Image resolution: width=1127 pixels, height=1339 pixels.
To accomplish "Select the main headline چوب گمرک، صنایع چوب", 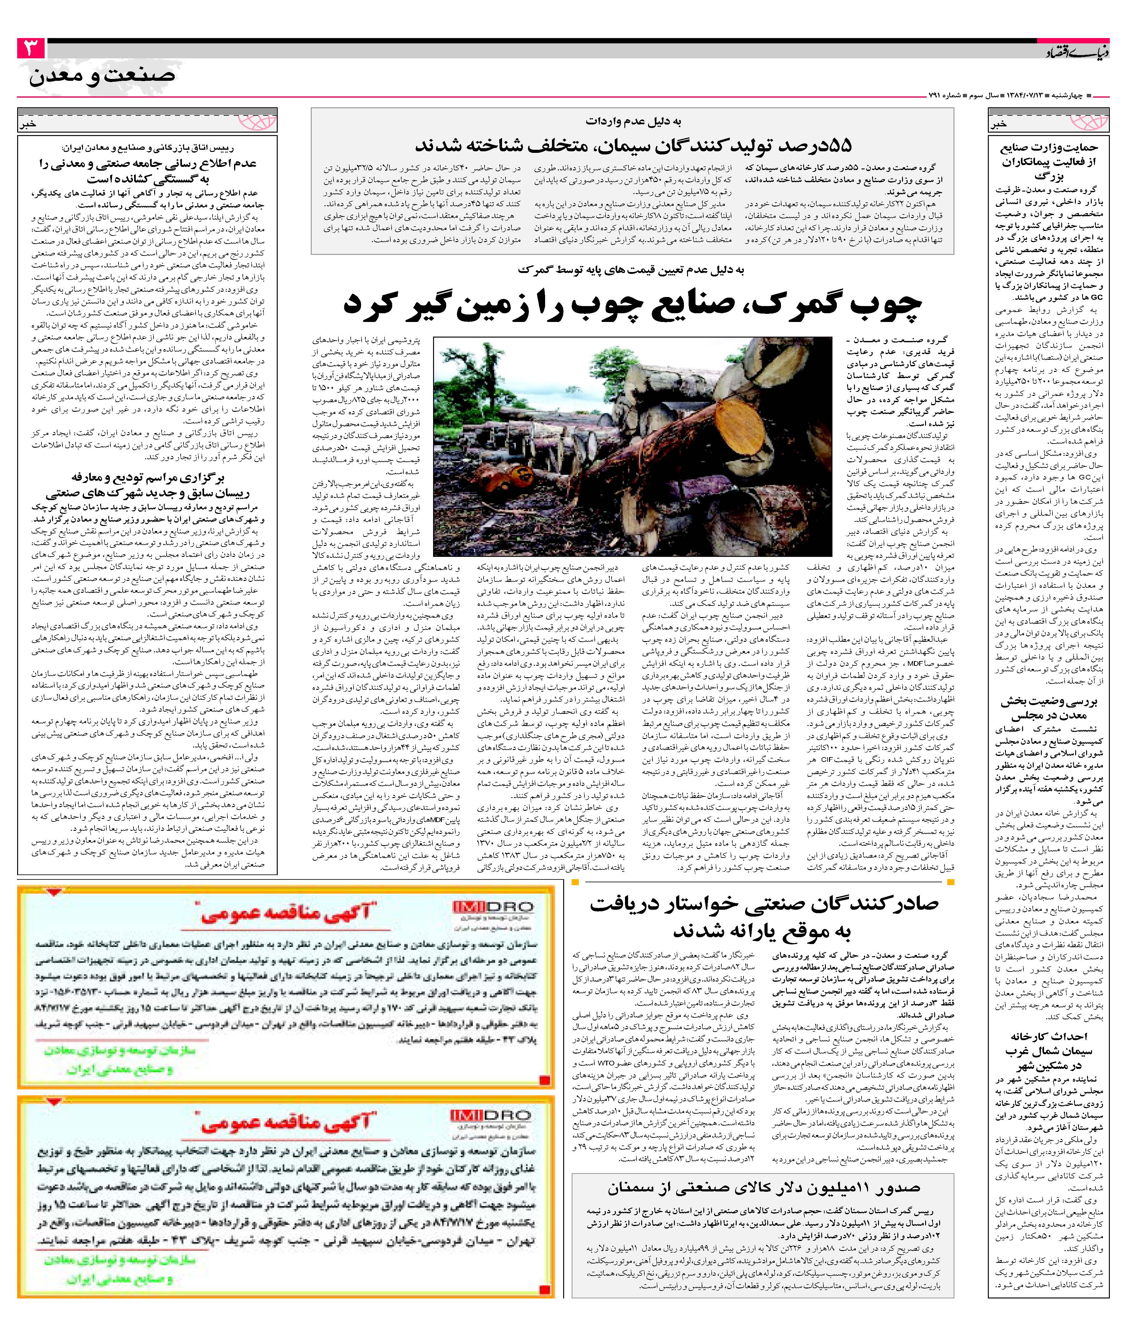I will (632, 305).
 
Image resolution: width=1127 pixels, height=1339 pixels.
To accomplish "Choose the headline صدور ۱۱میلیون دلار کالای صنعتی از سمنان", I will (764, 1188).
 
